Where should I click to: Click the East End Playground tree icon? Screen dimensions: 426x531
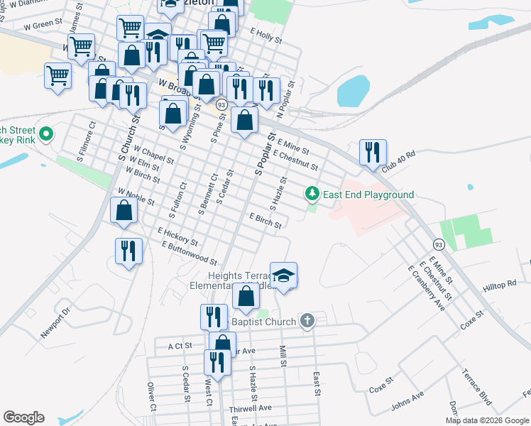pos(312,193)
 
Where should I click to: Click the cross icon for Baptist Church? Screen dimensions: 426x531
pos(307,322)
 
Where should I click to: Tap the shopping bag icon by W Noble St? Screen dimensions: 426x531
pos(124,211)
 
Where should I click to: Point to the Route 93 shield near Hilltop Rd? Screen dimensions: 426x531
pos(439,245)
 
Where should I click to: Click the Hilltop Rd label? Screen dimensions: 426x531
pos(500,283)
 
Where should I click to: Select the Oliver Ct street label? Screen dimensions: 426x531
pos(151,397)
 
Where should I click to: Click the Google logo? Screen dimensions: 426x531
pos(23,417)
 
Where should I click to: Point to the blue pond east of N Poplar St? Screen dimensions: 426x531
pos(354,91)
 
